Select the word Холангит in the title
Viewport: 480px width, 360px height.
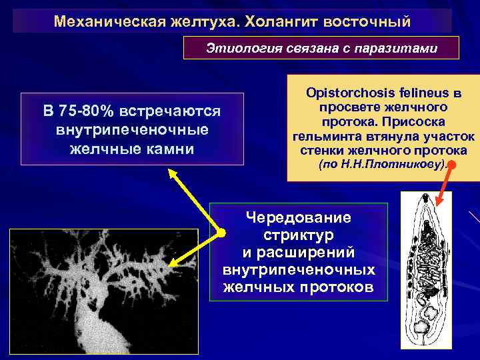pos(279,22)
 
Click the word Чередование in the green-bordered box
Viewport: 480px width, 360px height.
pos(298,218)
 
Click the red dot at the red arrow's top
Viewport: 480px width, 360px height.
pos(453,164)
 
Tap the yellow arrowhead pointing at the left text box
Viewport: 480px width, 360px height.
pos(173,174)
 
